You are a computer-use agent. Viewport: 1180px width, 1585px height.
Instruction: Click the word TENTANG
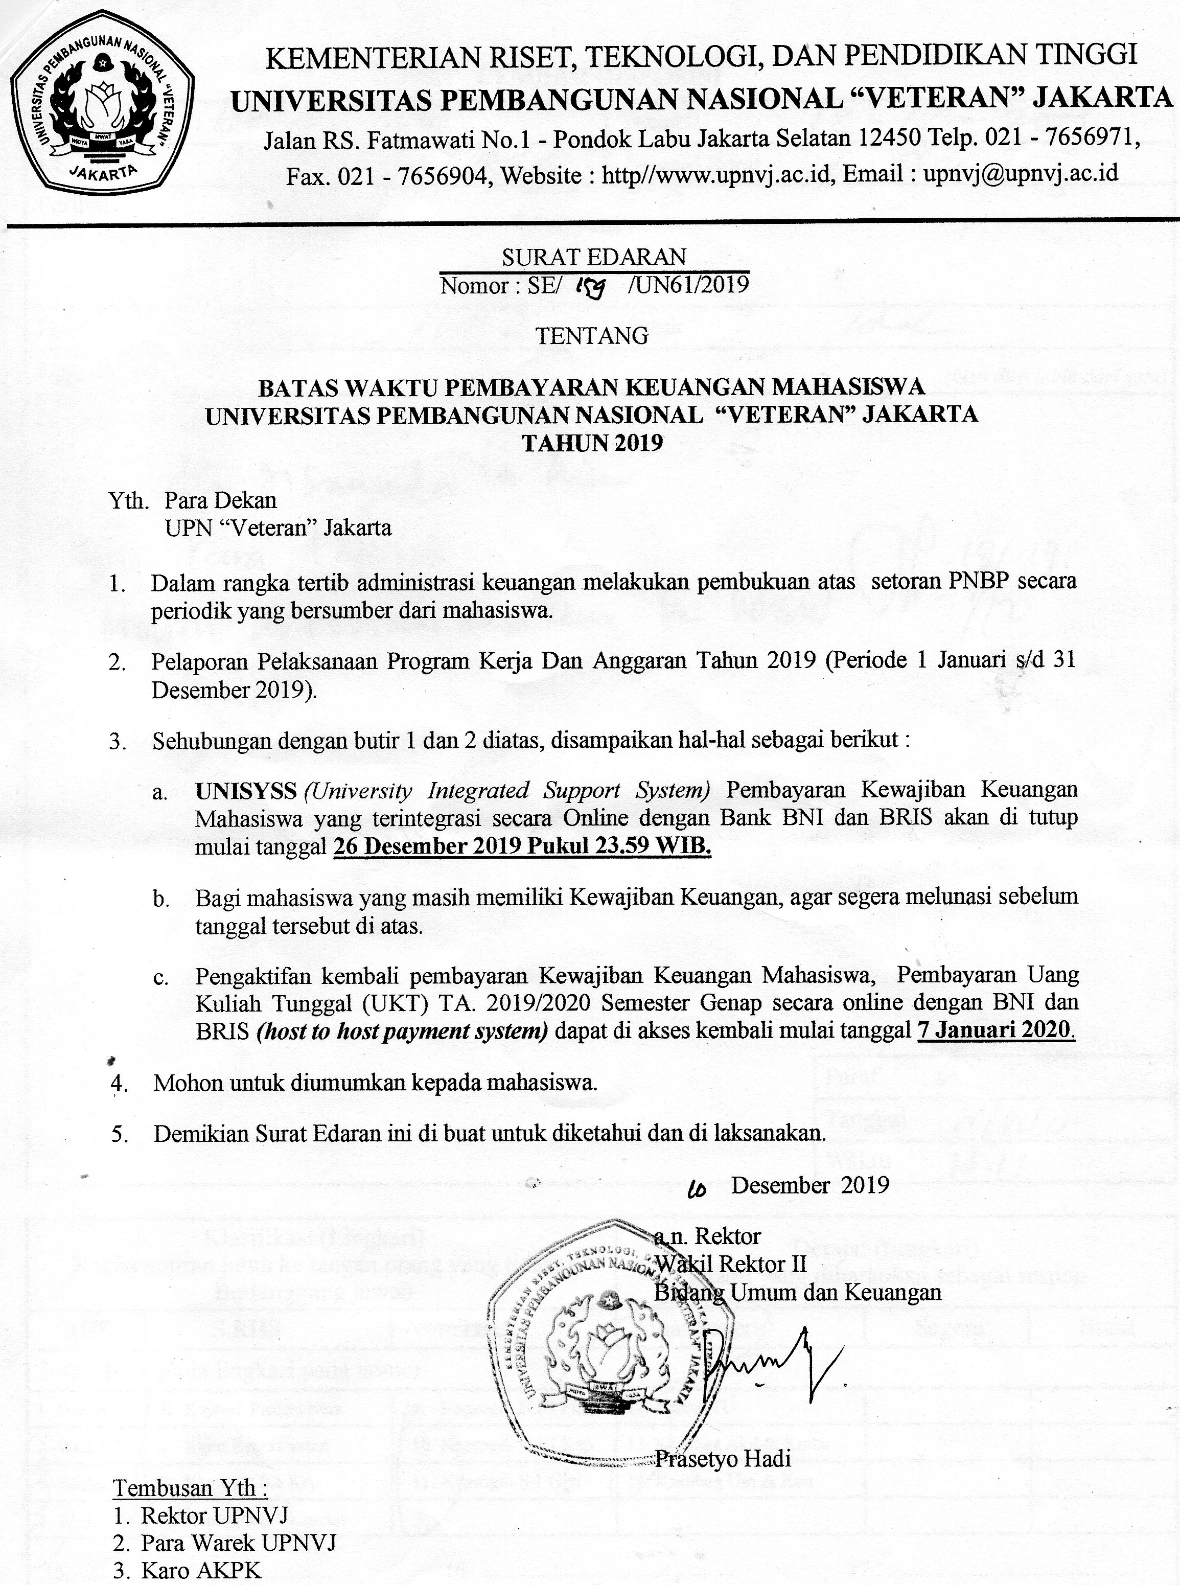point(592,336)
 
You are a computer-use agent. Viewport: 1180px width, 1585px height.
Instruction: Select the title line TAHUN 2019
point(592,443)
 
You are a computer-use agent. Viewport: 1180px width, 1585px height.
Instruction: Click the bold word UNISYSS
point(246,791)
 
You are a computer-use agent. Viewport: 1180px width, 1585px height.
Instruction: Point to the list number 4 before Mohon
point(119,1084)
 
